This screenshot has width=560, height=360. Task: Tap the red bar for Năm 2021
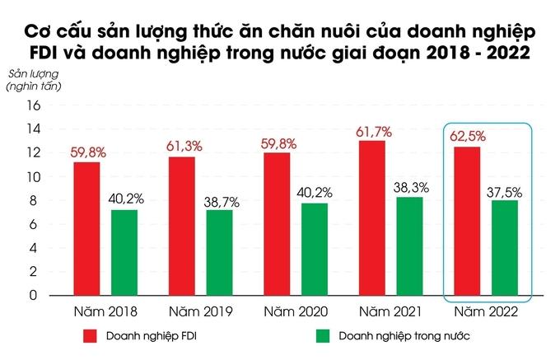tap(371, 217)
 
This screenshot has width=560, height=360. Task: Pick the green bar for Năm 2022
tap(504, 247)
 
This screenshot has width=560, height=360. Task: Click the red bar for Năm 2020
tap(277, 223)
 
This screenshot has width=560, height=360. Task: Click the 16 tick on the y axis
tap(34, 105)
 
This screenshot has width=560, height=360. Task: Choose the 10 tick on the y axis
tap(34, 176)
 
